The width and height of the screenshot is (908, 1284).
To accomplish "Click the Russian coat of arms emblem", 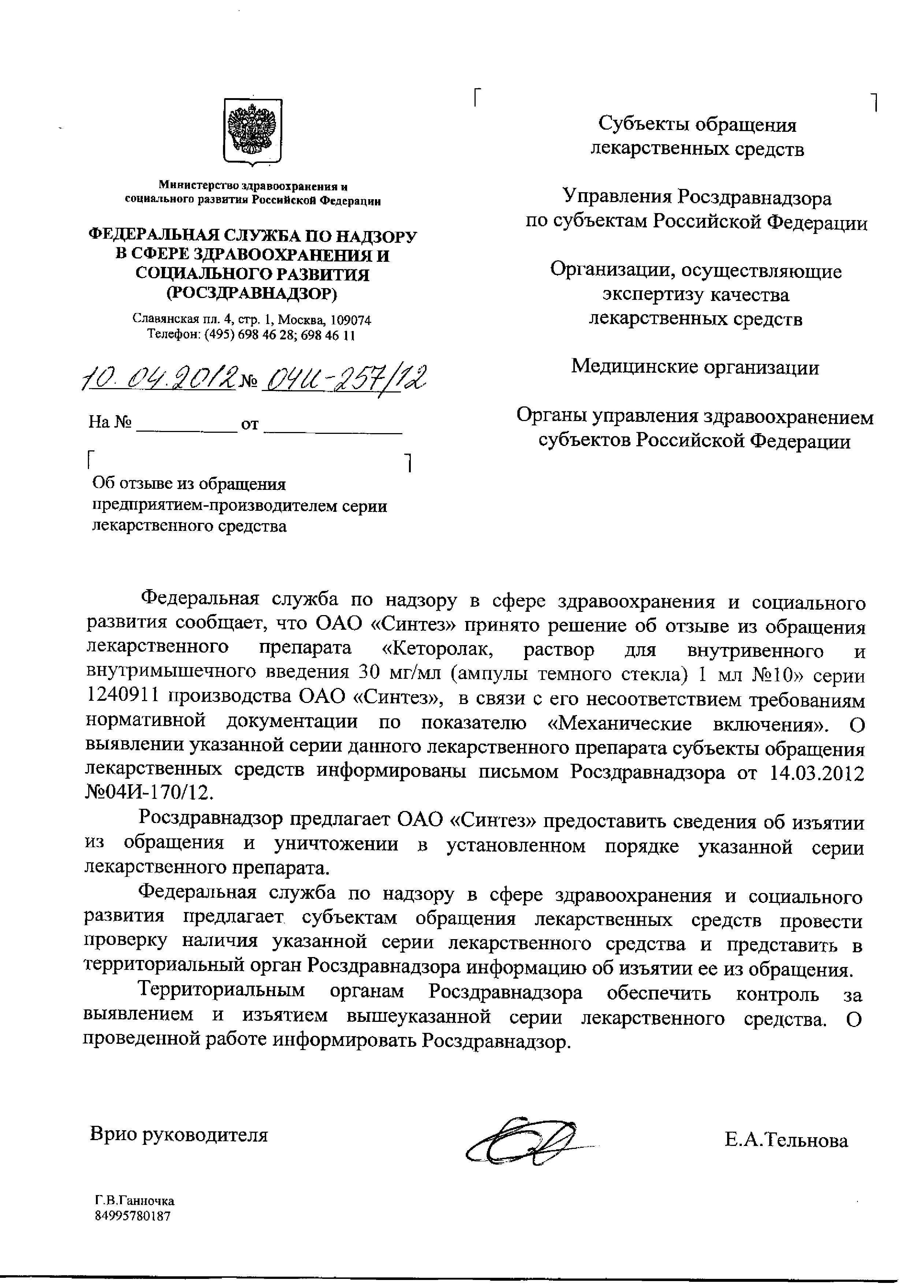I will point(253,131).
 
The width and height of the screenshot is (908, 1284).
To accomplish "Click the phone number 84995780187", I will point(133,1216).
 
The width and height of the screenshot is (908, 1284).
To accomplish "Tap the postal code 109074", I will point(350,320).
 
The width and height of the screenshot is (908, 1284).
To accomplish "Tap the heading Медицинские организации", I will point(695,368).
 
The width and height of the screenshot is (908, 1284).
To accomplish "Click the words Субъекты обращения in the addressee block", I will point(697,124).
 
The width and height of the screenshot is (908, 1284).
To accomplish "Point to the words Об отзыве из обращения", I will point(189,483).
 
